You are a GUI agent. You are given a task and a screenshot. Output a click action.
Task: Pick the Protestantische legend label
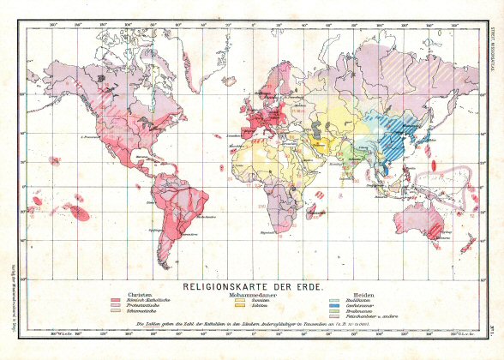[x=149, y=304]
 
